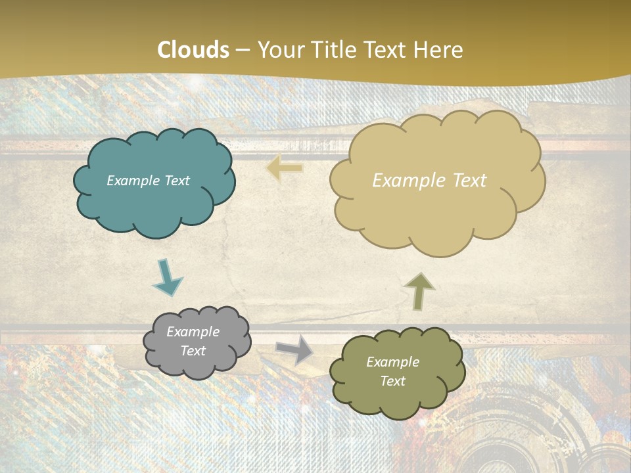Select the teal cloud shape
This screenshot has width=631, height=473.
(154, 204)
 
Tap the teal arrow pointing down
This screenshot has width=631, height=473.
(167, 277)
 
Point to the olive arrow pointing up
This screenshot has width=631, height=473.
(420, 291)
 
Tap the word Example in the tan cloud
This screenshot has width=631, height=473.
(406, 181)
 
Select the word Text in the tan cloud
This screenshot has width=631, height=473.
(469, 181)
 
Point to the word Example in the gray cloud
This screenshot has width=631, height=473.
(193, 332)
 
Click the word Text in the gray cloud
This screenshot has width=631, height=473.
(193, 351)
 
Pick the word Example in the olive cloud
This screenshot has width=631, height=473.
(392, 362)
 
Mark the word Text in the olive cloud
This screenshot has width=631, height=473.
(392, 381)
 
